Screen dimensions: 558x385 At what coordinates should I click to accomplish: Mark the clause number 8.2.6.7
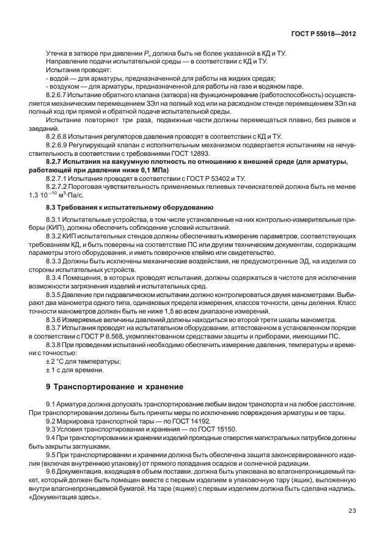click(60, 96)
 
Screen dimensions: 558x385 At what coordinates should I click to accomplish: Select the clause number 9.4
click(52, 439)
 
